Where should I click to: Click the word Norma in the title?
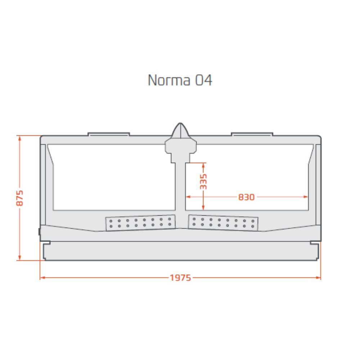pyautogui.click(x=169, y=80)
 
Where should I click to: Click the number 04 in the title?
pyautogui.click(x=204, y=80)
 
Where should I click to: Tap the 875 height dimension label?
pyautogui.click(x=20, y=198)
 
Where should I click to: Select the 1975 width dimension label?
pyautogui.click(x=180, y=278)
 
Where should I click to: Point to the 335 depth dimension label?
pyautogui.click(x=203, y=181)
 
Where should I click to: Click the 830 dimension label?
pyautogui.click(x=246, y=197)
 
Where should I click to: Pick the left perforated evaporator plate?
pyautogui.click(x=140, y=223)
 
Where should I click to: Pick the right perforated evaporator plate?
pyautogui.click(x=223, y=223)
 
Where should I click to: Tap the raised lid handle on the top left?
pyautogui.click(x=109, y=134)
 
